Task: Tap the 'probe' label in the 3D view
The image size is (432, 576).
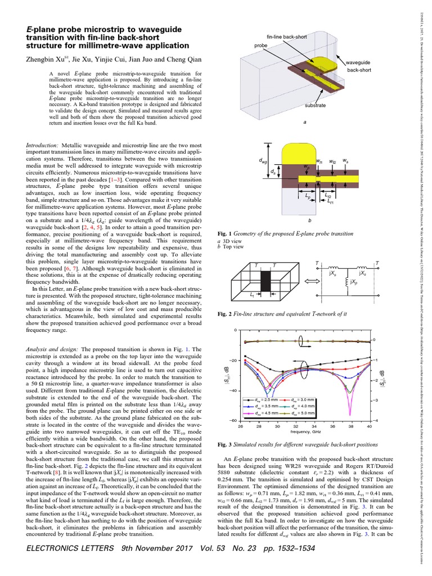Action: coord(261,45)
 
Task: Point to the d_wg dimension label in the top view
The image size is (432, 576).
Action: coord(263,160)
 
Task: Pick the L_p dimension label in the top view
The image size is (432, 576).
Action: coord(308,198)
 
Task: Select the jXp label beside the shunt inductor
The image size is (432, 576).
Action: coord(353,280)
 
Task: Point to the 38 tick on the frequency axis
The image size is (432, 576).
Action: coord(350,427)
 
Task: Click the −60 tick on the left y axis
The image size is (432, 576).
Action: coord(232,421)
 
